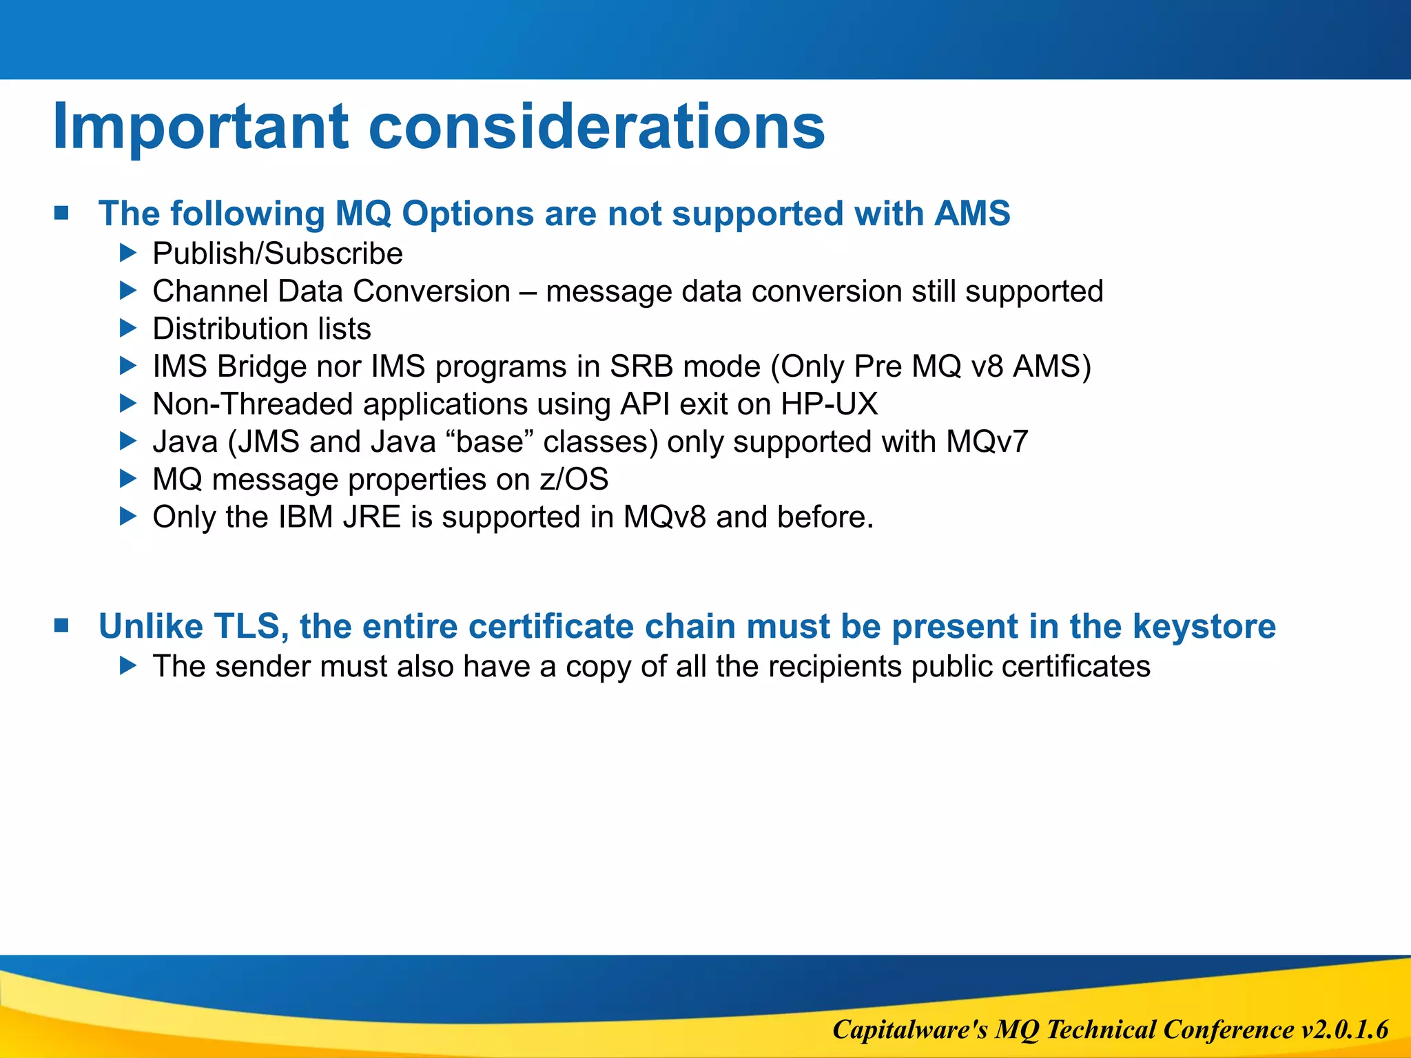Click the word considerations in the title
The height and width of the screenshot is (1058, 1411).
[596, 127]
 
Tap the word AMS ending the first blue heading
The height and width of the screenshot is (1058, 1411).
[971, 214]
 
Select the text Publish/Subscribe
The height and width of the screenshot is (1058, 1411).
[278, 253]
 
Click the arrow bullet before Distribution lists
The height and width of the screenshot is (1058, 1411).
[128, 328]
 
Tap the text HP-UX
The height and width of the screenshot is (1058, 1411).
[829, 404]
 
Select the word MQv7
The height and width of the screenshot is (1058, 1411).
[987, 442]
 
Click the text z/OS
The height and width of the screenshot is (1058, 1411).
[573, 479]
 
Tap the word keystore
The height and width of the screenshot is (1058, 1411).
[1204, 627]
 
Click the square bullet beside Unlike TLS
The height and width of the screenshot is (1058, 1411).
[62, 625]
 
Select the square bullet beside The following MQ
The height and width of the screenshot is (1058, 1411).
[62, 213]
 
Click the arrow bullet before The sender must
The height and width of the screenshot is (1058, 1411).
[128, 665]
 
